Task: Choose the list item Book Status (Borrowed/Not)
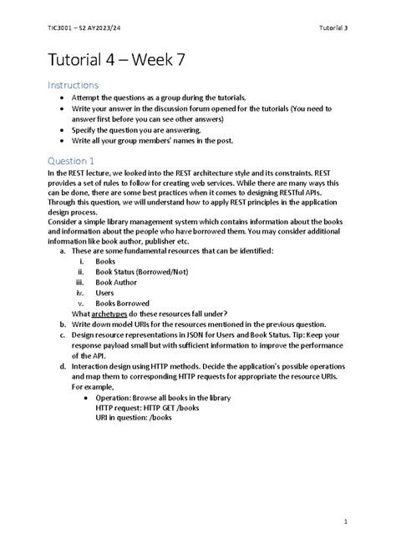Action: click(142, 272)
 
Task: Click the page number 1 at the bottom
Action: click(344, 523)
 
